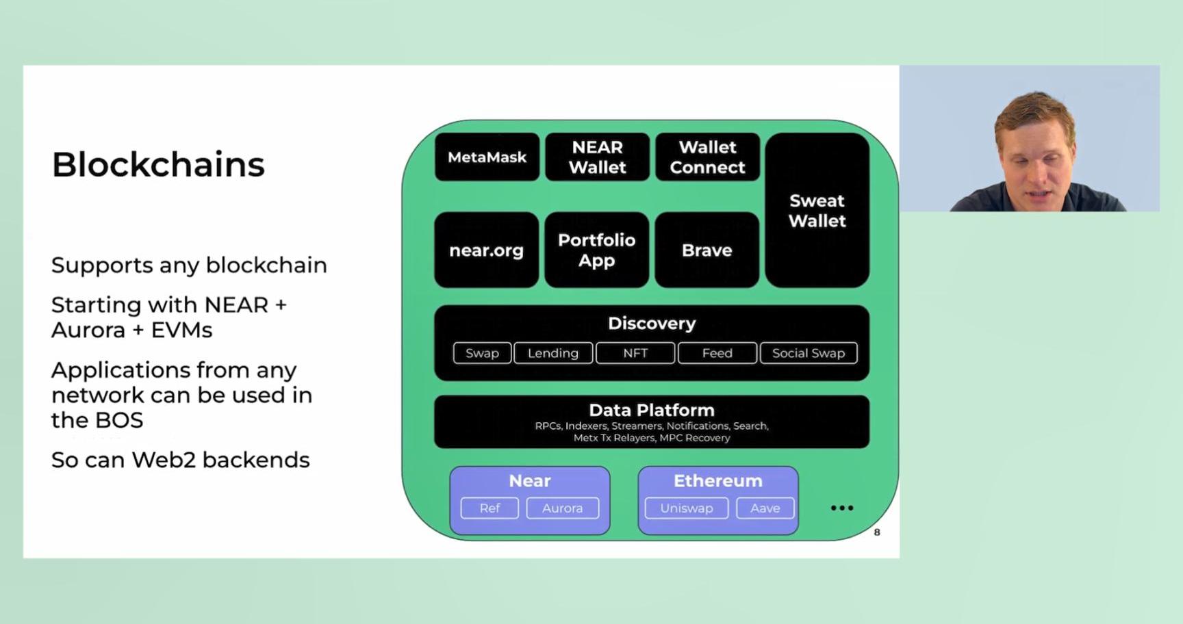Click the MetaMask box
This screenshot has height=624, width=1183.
click(x=487, y=157)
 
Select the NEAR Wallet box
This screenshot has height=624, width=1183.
click(x=597, y=157)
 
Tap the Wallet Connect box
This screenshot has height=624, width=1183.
click(x=707, y=157)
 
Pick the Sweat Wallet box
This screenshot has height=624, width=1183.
click(x=817, y=210)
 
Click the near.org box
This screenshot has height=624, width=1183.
click(x=486, y=250)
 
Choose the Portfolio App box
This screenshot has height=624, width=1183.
click(x=596, y=250)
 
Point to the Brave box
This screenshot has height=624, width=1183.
click(x=707, y=250)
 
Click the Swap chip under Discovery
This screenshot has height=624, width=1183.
click(x=482, y=353)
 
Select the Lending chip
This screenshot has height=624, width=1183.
click(x=553, y=353)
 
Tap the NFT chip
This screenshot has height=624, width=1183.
click(x=635, y=353)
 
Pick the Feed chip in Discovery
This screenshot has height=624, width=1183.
click(x=717, y=353)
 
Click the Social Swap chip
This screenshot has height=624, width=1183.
click(x=809, y=353)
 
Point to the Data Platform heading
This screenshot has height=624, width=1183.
click(x=652, y=410)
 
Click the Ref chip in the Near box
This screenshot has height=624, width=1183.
click(x=489, y=508)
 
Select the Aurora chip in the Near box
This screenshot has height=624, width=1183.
click(x=562, y=508)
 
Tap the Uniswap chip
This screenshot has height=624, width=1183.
click(x=687, y=508)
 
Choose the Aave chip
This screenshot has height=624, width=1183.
click(x=765, y=508)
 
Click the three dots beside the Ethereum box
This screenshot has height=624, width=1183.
click(x=842, y=508)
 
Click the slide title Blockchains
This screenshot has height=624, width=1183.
click(x=158, y=165)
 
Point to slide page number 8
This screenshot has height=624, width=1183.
click(x=877, y=532)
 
